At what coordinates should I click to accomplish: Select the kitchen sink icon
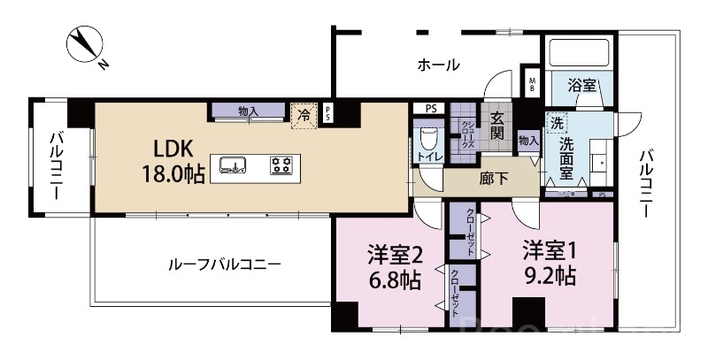pos(234,164)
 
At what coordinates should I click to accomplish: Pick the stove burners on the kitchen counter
pos(283,164)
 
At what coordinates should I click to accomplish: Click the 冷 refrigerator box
pos(304,114)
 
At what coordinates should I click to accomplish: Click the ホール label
pos(437,65)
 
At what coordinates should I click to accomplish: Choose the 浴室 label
pos(581,86)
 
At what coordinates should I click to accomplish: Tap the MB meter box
pos(533,85)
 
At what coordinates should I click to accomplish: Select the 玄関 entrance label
pos(497,126)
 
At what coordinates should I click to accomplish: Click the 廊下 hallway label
pos(493,177)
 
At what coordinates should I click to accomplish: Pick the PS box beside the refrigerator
pos(328,112)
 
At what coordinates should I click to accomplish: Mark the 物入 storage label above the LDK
pos(248,111)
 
